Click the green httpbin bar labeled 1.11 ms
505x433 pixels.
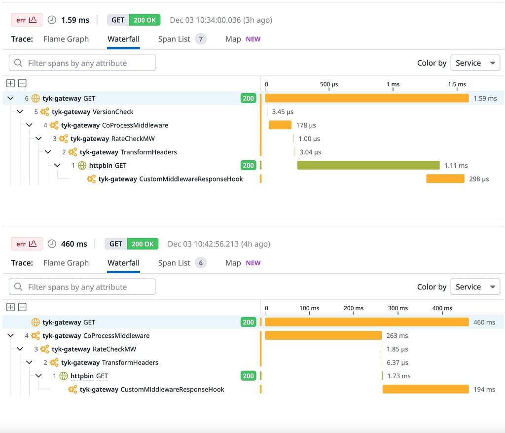(368, 165)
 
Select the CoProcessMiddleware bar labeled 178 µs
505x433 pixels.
(280, 125)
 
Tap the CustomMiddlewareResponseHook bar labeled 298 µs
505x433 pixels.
(445, 179)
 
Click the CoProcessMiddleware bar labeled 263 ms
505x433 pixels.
(323, 336)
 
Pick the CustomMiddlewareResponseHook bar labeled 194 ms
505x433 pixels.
(425, 390)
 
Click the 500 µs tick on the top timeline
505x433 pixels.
(328, 84)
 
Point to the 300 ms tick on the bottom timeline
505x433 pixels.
(397, 308)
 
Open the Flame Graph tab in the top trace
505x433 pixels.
(66, 39)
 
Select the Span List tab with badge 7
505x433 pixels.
(181, 39)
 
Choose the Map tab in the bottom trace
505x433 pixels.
(233, 263)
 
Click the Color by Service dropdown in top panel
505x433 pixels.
(475, 63)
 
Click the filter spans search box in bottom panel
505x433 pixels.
(82, 287)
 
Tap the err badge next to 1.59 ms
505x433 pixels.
(27, 20)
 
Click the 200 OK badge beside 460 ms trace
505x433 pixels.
(143, 244)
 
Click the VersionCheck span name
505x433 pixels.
(113, 112)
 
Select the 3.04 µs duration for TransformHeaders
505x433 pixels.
(310, 152)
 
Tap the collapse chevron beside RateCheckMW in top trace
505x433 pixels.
(38, 139)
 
